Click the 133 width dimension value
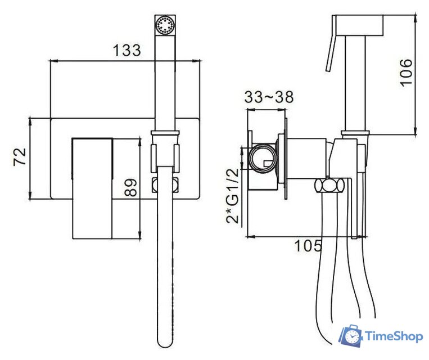click(x=127, y=50)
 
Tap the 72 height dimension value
click(x=20, y=156)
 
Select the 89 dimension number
click(x=130, y=188)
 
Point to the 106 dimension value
click(x=406, y=73)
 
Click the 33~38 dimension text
click(x=269, y=97)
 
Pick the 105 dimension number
click(x=308, y=246)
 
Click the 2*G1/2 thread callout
click(x=233, y=196)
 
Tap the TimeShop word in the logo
click(x=394, y=336)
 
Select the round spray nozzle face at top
click(x=165, y=25)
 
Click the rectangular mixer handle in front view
click(x=92, y=188)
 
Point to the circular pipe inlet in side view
click(x=263, y=159)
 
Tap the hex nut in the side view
click(x=329, y=186)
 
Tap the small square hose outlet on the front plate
click(x=165, y=184)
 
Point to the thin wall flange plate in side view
click(x=286, y=159)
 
